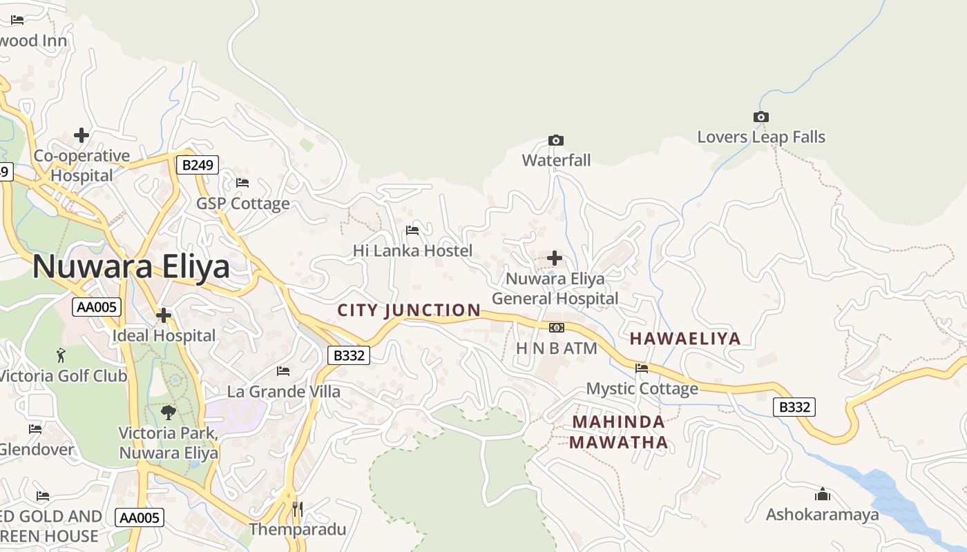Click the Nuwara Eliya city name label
click(131, 266)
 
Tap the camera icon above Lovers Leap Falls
click(760, 117)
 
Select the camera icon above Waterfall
click(555, 140)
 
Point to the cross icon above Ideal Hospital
click(164, 315)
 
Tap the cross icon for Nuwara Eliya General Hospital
click(554, 258)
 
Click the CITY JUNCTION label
click(409, 310)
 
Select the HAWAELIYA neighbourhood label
click(685, 339)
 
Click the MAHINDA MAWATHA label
click(619, 432)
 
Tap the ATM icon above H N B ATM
click(556, 327)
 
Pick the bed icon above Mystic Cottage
click(642, 368)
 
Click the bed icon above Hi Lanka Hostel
click(412, 230)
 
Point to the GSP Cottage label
click(242, 204)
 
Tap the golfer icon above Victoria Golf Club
click(61, 355)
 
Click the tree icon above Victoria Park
click(168, 412)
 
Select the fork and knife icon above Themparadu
click(298, 509)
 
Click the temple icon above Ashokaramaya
click(822, 494)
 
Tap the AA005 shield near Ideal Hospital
click(97, 307)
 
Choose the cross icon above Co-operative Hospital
click(82, 135)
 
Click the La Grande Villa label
click(283, 392)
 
